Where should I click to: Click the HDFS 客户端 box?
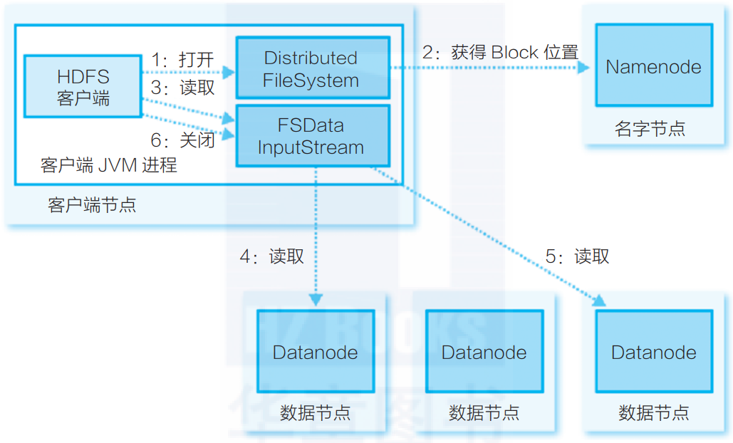pyautogui.click(x=83, y=85)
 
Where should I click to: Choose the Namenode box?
pyautogui.click(x=653, y=67)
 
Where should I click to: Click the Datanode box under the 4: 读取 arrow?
pyautogui.click(x=315, y=352)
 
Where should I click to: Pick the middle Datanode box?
pyautogui.click(x=484, y=352)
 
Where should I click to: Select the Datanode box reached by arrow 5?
pyautogui.click(x=653, y=352)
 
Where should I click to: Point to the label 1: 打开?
pyautogui.click(x=182, y=60)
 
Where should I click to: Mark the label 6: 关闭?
pyautogui.click(x=182, y=140)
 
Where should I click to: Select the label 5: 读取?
pyautogui.click(x=577, y=256)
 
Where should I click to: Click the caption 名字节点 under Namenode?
pyautogui.click(x=650, y=129)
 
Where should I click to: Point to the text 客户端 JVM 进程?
pyautogui.click(x=108, y=166)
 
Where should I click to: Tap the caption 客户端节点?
pyautogui.click(x=92, y=205)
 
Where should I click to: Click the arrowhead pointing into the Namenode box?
pyautogui.click(x=583, y=68)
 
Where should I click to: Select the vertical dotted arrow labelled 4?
pyautogui.click(x=316, y=235)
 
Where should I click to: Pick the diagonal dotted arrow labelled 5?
pyautogui.click(x=492, y=236)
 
